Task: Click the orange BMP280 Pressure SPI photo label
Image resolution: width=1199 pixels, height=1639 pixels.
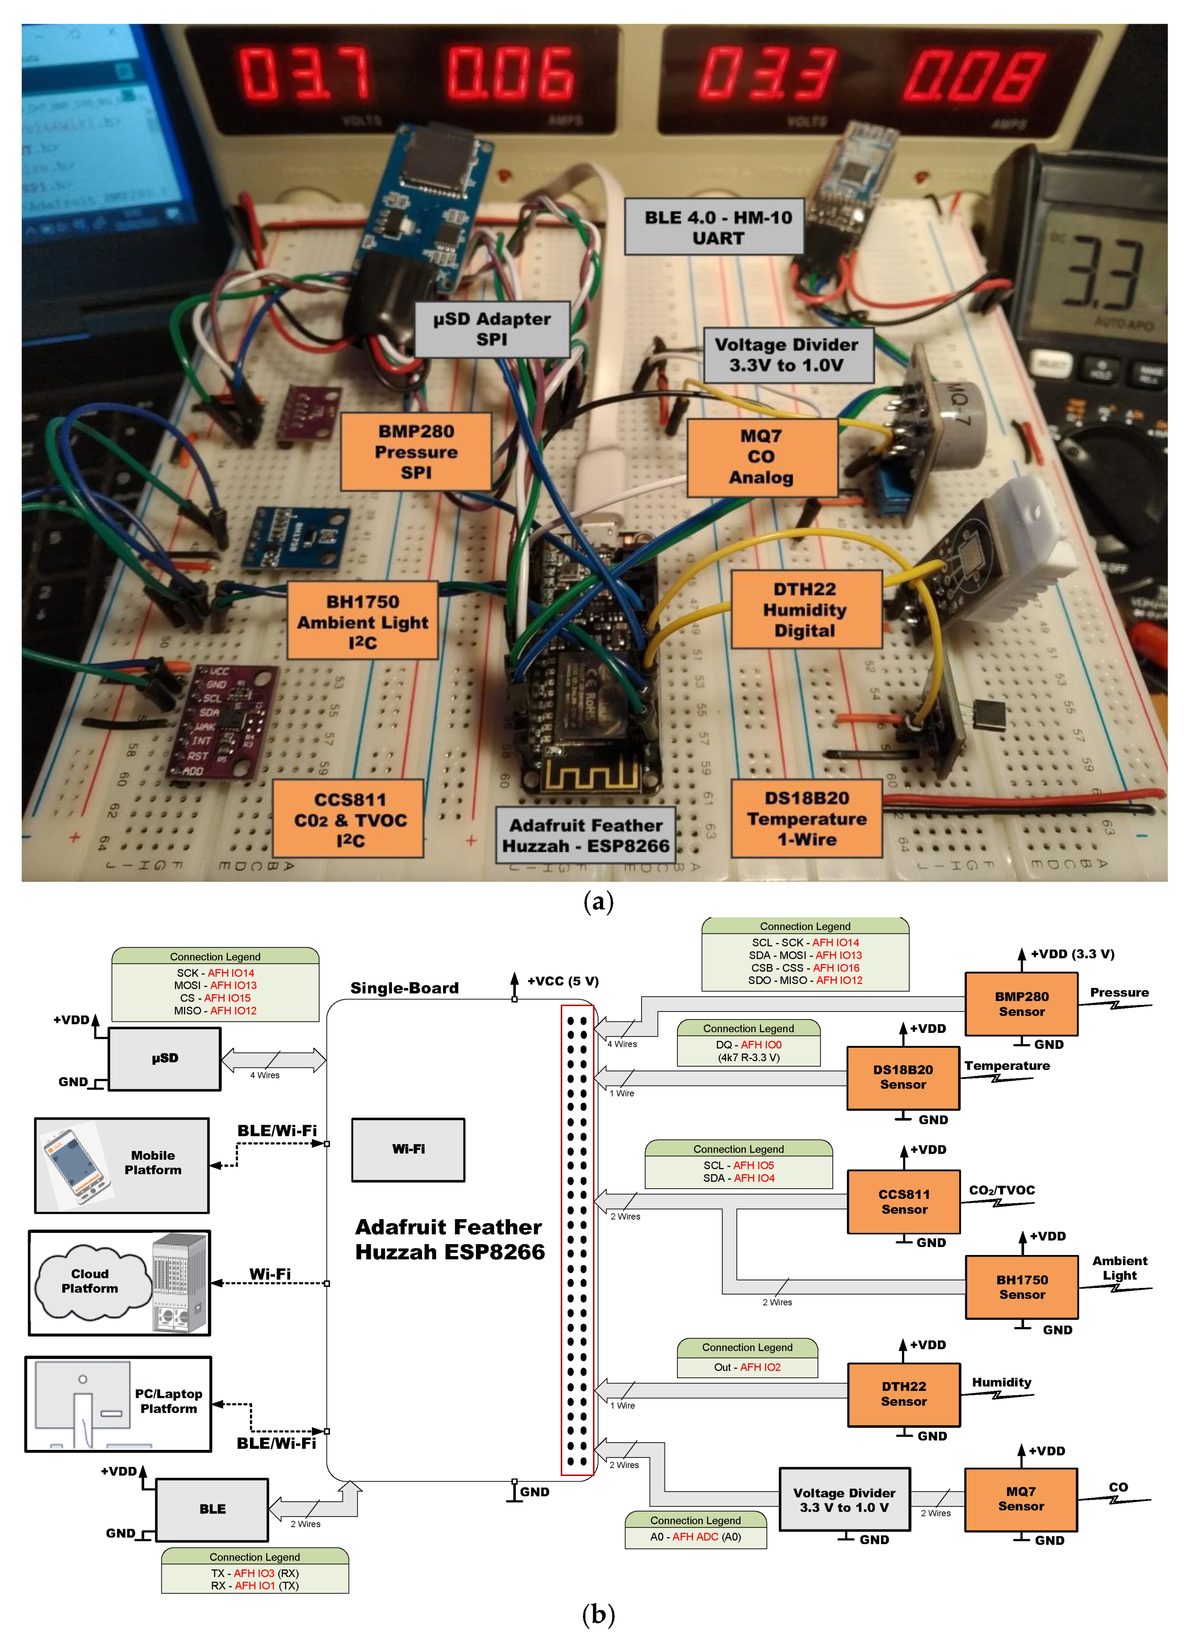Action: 416,452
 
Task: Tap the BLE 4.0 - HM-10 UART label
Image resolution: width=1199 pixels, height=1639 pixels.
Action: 717,227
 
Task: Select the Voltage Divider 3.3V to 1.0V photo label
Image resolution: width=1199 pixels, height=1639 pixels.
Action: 788,355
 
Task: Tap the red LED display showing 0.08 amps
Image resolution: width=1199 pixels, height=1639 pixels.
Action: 972,76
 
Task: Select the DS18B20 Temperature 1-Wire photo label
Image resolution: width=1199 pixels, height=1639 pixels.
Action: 806,819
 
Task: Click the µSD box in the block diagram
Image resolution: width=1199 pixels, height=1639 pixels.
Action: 165,1058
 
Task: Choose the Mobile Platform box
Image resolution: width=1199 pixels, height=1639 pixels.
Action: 122,1164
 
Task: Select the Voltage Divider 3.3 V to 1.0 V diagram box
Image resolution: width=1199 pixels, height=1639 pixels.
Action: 844,1500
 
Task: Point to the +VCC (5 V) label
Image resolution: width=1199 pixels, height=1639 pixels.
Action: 563,981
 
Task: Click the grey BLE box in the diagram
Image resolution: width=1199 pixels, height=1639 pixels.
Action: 212,1509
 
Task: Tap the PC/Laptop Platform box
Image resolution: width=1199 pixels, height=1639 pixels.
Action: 118,1404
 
